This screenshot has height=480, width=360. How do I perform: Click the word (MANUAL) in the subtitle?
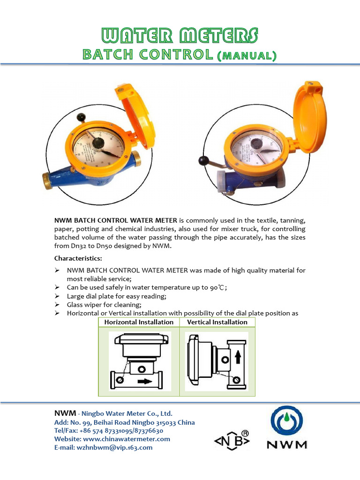pos(246,56)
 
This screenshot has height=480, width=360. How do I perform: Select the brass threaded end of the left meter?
pos(48,180)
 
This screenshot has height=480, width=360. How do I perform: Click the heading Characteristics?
pos(78,258)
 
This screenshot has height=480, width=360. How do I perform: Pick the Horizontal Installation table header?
pos(139,322)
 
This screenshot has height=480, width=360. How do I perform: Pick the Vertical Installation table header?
pos(217,322)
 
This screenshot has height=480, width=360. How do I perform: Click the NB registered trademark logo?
pos(232,440)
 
